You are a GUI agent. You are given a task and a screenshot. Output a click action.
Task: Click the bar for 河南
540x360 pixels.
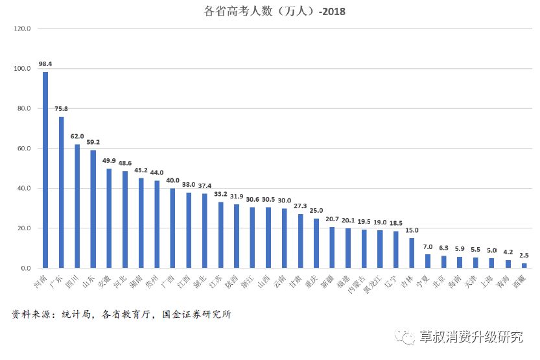(x=45, y=169)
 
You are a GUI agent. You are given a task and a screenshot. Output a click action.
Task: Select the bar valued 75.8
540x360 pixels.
(x=62, y=192)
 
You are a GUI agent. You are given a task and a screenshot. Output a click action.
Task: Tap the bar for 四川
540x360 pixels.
(x=77, y=206)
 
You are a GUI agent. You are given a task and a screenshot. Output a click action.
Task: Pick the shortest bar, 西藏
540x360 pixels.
(x=524, y=265)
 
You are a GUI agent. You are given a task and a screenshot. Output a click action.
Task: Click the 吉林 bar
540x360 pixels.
(x=412, y=253)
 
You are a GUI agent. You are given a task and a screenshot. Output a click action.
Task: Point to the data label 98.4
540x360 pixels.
(x=45, y=64)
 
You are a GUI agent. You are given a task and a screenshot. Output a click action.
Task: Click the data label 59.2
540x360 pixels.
(x=93, y=142)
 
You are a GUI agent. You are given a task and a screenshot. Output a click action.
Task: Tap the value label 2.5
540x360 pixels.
(x=524, y=255)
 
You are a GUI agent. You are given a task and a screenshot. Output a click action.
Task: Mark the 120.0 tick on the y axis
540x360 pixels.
(x=23, y=29)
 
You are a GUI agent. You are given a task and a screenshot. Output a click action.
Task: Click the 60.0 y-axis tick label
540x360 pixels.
(x=24, y=149)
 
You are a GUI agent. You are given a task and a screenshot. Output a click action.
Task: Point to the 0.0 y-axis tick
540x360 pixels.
(x=25, y=269)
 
